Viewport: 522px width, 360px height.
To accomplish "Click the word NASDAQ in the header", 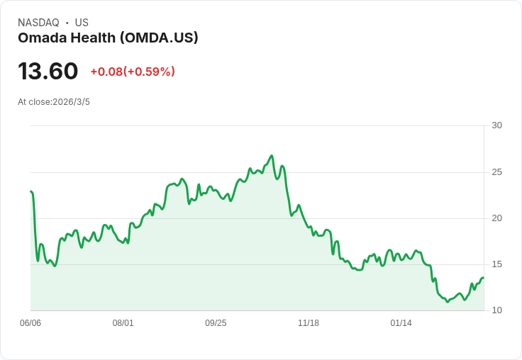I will pos(38,23).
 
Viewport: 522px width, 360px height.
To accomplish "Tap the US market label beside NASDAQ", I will pos(82,23).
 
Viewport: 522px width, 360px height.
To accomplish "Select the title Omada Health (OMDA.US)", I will pos(108,38).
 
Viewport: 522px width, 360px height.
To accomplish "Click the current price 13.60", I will pos(48,72).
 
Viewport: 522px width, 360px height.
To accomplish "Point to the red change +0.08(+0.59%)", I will pos(133,72).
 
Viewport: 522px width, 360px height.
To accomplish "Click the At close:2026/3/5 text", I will pos(54,102).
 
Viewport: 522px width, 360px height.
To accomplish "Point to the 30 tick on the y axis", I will pos(496,125).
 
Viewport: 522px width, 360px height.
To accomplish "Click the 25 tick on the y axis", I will pos(496,172).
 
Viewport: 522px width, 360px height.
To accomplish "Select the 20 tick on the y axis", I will pos(496,218).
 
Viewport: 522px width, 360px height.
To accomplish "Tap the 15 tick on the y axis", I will pos(496,264).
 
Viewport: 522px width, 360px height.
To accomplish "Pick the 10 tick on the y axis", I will pos(496,310).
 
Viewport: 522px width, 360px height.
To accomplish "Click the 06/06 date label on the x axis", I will pos(30,323).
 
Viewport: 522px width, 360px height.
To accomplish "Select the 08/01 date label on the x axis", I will pos(123,323).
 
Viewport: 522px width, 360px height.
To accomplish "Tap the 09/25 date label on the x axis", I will pos(216,323).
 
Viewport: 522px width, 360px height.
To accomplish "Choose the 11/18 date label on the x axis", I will pos(309,323).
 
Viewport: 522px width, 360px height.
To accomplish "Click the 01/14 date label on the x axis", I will pos(401,323).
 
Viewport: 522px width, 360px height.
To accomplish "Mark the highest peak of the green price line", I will pos(272,156).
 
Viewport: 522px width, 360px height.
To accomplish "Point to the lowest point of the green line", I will pos(447,303).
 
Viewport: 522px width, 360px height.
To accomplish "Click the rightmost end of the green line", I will pos(483,278).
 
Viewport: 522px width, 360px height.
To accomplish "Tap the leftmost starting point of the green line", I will pos(31,191).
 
